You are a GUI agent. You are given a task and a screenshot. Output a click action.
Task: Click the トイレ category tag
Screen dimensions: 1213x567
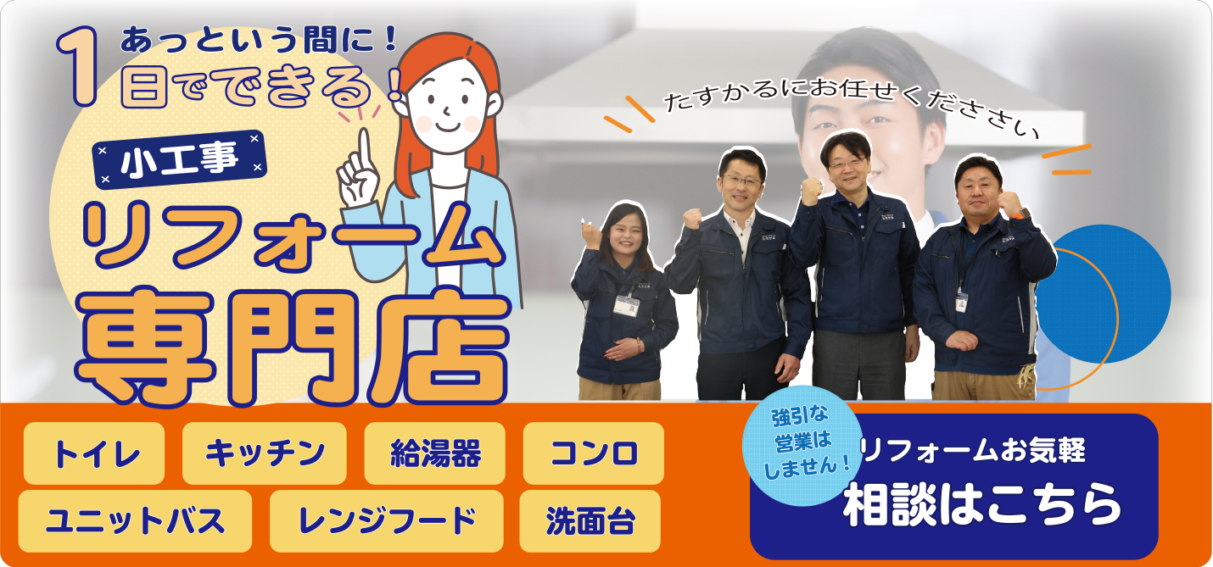(93, 453)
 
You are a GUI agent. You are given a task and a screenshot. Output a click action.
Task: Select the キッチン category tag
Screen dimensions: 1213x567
(265, 453)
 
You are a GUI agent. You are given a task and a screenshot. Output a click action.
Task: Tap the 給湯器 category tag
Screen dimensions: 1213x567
(435, 453)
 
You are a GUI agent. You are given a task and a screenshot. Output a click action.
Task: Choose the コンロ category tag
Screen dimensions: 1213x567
(594, 453)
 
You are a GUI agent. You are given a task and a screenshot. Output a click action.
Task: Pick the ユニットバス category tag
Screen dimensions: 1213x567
(135, 521)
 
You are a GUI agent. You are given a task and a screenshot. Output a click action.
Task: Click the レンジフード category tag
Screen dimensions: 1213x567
(387, 521)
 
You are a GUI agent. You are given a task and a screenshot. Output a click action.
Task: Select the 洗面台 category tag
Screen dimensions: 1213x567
(590, 521)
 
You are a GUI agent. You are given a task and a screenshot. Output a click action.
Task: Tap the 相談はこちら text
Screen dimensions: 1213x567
(981, 505)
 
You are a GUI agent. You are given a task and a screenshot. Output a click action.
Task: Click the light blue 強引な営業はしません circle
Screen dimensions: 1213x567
(802, 446)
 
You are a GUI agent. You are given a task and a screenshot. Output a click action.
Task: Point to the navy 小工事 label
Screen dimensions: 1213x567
(180, 159)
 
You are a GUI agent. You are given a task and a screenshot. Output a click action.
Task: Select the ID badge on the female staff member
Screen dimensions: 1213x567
(626, 306)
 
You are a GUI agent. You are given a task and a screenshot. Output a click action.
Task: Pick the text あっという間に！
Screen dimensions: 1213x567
(259, 42)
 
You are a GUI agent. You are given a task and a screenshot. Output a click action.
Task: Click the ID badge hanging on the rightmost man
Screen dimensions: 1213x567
(962, 302)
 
